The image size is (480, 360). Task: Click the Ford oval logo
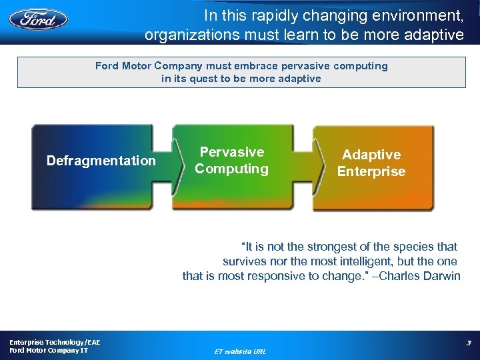point(38,19)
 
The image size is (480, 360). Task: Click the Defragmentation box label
point(101,161)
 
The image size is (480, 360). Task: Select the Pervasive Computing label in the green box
point(231,161)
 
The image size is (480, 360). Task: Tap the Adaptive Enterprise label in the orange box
point(371,163)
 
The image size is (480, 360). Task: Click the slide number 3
point(468,343)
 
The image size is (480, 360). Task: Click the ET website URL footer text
point(240,351)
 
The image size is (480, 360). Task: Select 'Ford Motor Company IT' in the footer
point(49,351)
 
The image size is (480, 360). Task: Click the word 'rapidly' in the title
point(270,15)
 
